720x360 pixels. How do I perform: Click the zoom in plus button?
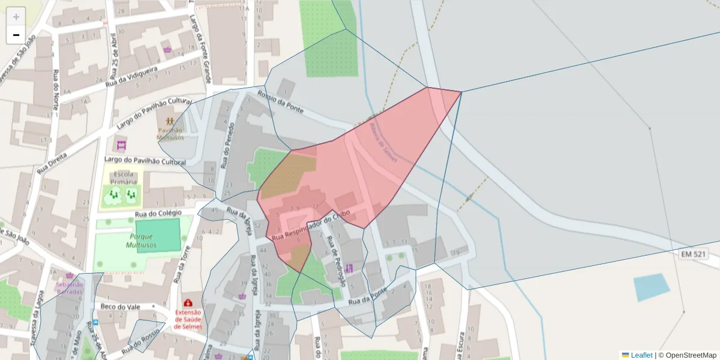[16, 16]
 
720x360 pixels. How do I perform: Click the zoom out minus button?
[16, 35]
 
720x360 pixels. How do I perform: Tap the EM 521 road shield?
[694, 255]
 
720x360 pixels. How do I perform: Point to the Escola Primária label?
[121, 178]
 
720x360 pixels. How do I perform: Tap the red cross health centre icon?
[188, 303]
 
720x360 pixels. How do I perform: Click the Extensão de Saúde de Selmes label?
[188, 319]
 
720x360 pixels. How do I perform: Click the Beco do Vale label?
[120, 307]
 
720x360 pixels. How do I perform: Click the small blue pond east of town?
[652, 287]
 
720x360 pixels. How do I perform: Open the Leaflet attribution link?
[641, 355]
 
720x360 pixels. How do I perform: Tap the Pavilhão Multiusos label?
[170, 133]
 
